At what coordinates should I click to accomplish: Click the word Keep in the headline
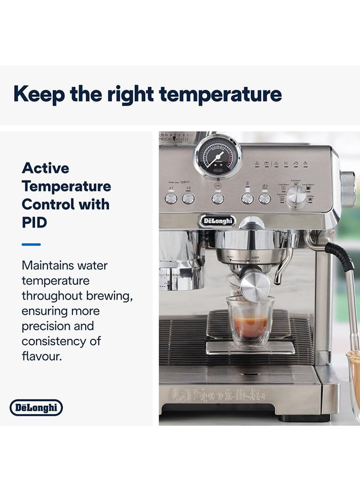(38, 94)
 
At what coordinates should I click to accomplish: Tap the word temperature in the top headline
(224, 95)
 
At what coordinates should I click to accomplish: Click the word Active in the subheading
(45, 168)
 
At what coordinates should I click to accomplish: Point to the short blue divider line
(31, 244)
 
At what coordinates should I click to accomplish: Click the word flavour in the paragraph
(41, 357)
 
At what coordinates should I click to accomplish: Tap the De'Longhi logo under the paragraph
(37, 408)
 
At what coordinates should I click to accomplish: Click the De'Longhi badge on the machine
(217, 221)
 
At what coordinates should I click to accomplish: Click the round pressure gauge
(218, 155)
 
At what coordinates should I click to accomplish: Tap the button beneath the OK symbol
(218, 198)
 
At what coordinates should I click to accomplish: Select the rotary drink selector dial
(296, 195)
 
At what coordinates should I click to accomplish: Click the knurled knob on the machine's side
(348, 189)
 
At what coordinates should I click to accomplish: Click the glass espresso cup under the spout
(250, 322)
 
